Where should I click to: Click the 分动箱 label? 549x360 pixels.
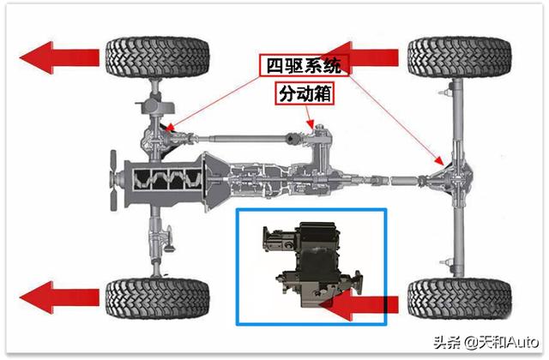point(305,93)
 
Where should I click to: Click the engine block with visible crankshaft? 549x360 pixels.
point(172,182)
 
